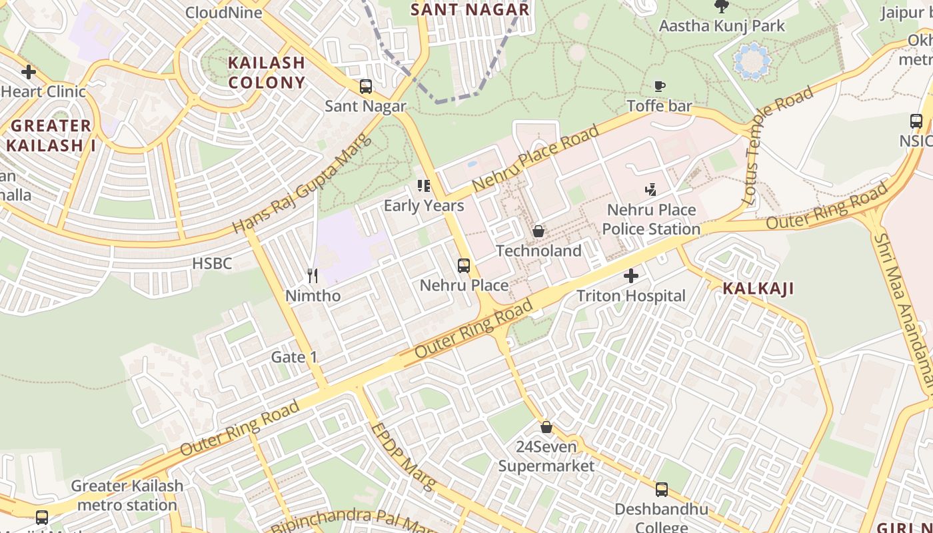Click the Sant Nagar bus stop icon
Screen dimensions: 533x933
coord(365,87)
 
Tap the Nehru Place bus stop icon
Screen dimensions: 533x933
coord(464,266)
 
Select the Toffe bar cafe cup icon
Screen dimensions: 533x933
coord(659,86)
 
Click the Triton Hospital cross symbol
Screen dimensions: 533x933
coord(631,276)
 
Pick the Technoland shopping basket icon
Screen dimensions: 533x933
coord(538,231)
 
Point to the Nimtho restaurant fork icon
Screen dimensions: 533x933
coord(312,276)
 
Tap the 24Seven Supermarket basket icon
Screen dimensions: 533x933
coord(546,426)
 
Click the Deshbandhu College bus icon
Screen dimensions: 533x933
coord(661,490)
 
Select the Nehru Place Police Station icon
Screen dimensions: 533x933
coord(651,190)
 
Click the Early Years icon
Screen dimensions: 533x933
coord(424,186)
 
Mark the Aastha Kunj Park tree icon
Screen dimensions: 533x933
coord(721,7)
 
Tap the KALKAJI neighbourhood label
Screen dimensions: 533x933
coord(758,288)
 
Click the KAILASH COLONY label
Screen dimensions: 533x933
coord(267,73)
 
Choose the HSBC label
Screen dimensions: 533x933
coord(212,263)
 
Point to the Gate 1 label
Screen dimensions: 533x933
coord(294,357)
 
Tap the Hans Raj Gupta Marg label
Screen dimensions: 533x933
coord(299,193)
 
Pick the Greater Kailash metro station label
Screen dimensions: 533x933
coord(127,495)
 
